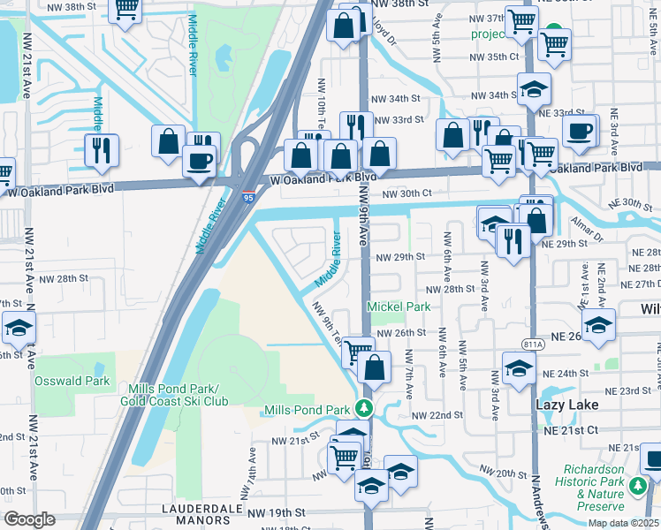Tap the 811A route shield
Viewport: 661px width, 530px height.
(534, 333)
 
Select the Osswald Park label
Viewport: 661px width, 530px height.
(72, 382)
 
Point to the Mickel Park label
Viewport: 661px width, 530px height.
(399, 307)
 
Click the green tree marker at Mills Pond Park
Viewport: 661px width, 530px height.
(361, 409)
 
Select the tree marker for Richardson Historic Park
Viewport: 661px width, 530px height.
(638, 485)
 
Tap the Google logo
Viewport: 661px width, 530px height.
(29, 519)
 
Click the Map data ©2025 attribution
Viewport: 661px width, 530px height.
(623, 523)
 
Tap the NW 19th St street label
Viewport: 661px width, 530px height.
(275, 511)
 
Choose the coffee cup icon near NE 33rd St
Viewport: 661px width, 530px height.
(579, 132)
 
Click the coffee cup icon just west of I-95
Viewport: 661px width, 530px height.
(199, 162)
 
